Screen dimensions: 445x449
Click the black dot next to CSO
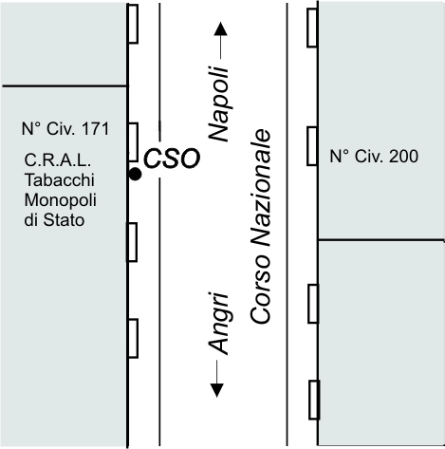[x=136, y=174]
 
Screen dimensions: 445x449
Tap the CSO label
[x=172, y=159]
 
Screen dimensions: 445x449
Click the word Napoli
[x=218, y=103]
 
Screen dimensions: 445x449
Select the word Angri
[x=218, y=324]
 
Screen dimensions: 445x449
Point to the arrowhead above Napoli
[x=220, y=28]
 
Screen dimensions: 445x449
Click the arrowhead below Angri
[x=217, y=390]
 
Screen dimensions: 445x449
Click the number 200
[x=403, y=157]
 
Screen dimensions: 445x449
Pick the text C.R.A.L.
[x=58, y=160]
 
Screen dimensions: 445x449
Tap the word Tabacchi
[x=60, y=180]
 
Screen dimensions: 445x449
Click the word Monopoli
[x=61, y=200]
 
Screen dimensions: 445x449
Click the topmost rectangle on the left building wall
[x=133, y=24]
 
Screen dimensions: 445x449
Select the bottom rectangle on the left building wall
[x=133, y=339]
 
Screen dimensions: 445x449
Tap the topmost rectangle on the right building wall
[x=312, y=28]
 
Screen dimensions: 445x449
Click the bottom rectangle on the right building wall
[x=314, y=400]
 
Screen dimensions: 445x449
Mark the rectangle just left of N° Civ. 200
[x=312, y=146]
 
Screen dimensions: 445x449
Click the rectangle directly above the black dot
[x=133, y=142]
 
